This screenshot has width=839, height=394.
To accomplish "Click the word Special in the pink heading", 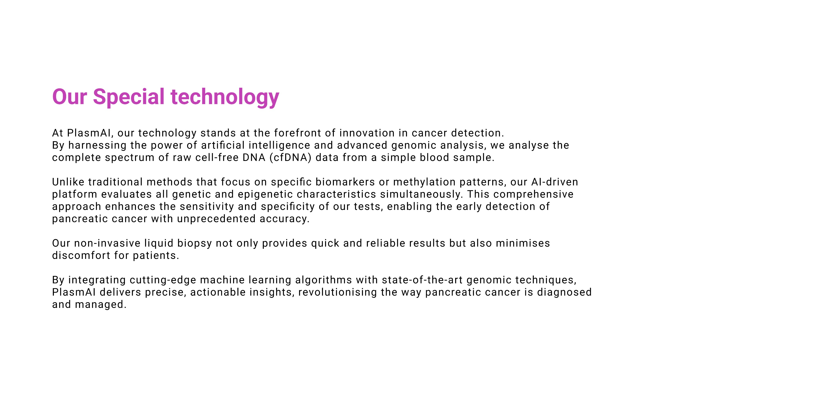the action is tap(129, 97).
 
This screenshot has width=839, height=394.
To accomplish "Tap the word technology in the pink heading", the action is tap(225, 97).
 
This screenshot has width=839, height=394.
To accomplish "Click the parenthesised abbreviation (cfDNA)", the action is tap(290, 158).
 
